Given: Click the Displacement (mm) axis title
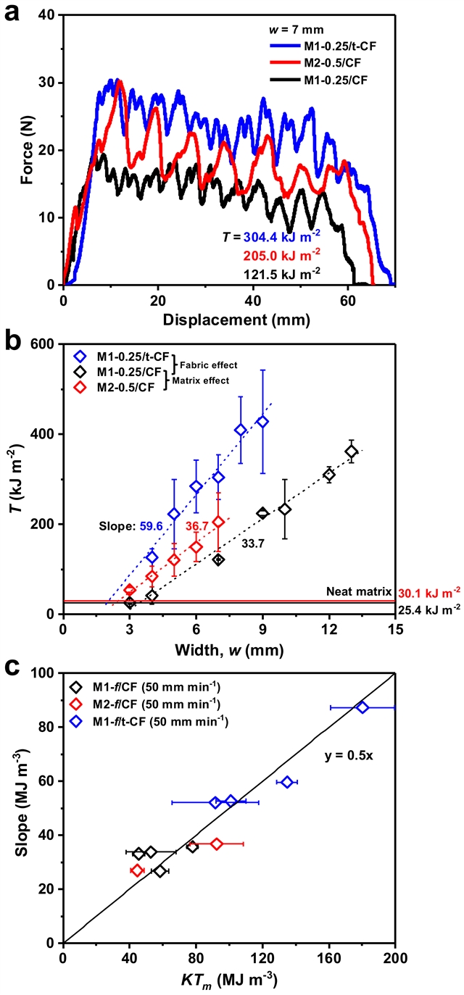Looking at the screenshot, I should [230, 319].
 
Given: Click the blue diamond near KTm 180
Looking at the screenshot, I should [362, 707].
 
